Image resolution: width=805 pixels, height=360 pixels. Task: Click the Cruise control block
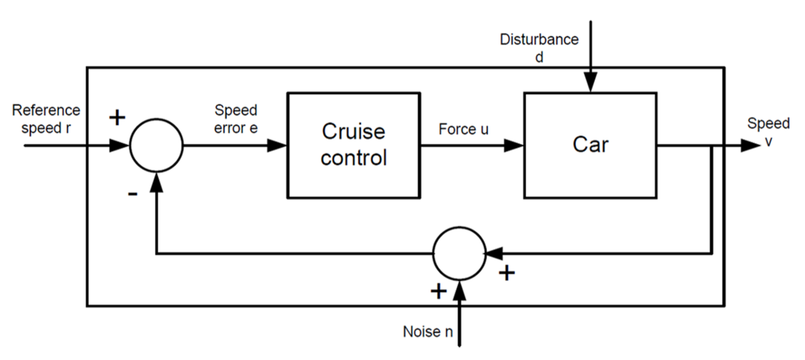[354, 145]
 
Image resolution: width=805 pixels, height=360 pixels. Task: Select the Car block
[590, 145]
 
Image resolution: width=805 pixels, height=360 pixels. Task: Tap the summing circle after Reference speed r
[156, 145]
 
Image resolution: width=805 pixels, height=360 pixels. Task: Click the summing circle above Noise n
[460, 253]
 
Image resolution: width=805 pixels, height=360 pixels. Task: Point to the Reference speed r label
[46, 119]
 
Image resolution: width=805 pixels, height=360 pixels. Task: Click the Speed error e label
[236, 119]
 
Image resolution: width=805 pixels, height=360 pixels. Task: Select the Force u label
[464, 129]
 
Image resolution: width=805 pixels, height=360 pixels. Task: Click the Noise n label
[428, 332]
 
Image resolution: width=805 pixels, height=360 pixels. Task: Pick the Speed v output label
[768, 131]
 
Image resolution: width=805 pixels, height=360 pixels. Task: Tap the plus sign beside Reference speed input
[117, 117]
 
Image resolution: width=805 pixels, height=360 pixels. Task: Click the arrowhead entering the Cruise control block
[278, 145]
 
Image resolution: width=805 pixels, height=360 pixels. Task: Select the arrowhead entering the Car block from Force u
[514, 145]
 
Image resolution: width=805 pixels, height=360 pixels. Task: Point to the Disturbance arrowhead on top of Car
[590, 83]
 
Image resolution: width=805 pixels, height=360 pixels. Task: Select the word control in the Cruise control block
[354, 158]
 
